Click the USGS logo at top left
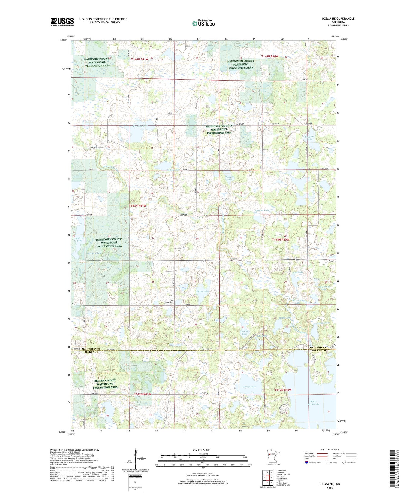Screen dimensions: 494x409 pos(62,22)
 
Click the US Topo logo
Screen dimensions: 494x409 pos(203,23)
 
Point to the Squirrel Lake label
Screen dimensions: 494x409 pos(79,239)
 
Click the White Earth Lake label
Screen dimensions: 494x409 pos(314,403)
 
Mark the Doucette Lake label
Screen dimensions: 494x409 pos(309,138)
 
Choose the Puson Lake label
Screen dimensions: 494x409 pos(202,292)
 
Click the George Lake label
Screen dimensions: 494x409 pos(244,332)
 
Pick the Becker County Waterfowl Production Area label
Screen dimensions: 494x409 pos(105,384)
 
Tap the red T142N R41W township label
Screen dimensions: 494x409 pos(142,394)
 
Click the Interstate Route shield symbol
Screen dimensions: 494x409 pos(307,462)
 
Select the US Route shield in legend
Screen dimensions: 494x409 pos(327,462)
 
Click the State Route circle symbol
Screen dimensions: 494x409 pos(344,462)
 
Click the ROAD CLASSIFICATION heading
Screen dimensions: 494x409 pos(330,450)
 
